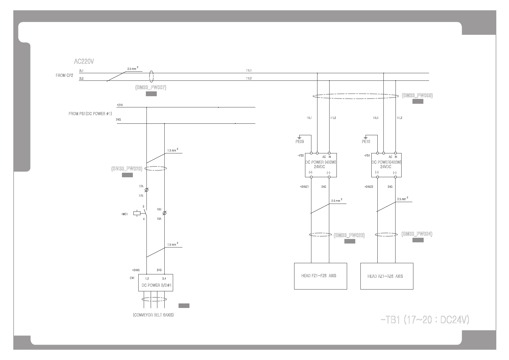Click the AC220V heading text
84,61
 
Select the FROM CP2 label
64,75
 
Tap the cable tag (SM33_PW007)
151,88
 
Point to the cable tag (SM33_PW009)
417,96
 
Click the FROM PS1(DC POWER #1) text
90,114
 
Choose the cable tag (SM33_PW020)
127,169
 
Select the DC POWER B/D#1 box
156,283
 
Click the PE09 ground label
300,141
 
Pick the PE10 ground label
366,141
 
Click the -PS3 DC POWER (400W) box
321,165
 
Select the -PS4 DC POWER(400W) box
386,165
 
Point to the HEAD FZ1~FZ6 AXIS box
320,276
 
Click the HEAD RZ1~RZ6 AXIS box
387,276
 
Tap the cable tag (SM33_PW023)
349,235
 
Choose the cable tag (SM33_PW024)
417,234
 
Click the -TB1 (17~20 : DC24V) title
425,320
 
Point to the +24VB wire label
136,270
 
